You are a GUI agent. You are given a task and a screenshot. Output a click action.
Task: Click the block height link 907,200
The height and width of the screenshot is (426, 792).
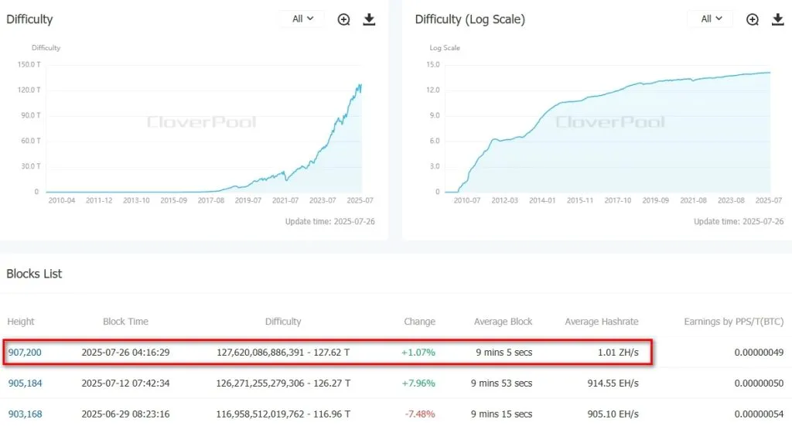pos(25,353)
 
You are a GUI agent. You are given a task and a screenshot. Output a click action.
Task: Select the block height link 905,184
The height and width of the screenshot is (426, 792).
pos(25,383)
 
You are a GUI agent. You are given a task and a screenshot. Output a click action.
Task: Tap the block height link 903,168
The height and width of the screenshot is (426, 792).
pos(25,414)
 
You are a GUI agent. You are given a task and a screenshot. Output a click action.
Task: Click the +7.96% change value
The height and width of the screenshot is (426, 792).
pos(419,383)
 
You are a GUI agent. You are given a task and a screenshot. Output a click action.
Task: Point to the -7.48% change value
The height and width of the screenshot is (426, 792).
pos(419,414)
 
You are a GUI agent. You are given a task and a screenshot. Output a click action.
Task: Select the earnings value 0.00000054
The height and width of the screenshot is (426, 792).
pos(759,414)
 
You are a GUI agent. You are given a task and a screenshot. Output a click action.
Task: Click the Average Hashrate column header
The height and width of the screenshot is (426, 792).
pos(602,322)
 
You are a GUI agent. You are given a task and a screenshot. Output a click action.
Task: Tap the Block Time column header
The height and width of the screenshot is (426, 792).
pos(125,322)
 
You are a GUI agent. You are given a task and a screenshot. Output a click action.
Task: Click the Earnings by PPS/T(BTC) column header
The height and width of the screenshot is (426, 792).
pos(734,322)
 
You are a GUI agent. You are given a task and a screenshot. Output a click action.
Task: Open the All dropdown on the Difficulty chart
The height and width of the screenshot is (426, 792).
pos(302,19)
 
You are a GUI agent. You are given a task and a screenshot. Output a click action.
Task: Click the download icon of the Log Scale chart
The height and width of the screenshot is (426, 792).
pos(777,19)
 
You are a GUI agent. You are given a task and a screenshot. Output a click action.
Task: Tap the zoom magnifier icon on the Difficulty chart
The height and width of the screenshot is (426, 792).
pos(344,19)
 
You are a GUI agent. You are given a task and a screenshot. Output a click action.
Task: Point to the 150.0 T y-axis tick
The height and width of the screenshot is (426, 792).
pos(29,65)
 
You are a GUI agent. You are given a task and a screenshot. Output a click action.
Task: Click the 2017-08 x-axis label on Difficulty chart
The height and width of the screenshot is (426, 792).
pos(210,200)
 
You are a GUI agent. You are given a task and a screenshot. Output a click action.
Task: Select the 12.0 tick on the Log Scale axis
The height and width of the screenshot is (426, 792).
pos(432,90)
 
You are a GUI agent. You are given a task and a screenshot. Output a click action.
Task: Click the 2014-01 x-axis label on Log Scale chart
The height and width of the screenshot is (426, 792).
pos(542,200)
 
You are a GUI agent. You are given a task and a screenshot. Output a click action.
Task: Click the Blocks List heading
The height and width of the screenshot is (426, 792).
pos(34,274)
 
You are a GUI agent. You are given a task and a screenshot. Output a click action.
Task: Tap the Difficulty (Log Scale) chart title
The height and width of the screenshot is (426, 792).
pos(469,19)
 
